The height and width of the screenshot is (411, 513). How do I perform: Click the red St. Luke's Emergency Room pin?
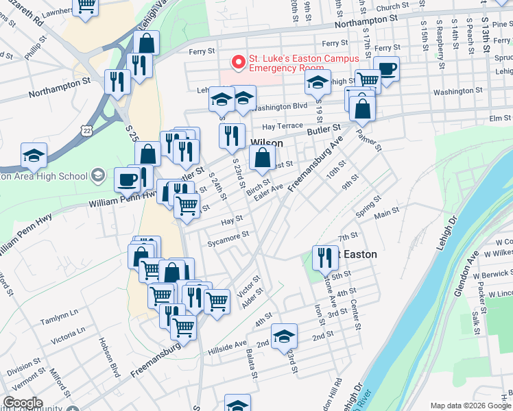[239, 62]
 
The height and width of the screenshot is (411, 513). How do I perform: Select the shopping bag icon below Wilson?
[263, 158]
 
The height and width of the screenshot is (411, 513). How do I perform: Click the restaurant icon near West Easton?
[324, 257]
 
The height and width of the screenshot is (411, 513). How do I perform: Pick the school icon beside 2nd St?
[284, 336]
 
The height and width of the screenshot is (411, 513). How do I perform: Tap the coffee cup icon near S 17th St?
[386, 69]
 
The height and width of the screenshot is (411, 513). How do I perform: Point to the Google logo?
[23, 403]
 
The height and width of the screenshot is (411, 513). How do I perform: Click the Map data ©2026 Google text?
[470, 405]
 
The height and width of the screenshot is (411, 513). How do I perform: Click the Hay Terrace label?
[282, 126]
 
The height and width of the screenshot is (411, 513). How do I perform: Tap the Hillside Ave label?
[231, 344]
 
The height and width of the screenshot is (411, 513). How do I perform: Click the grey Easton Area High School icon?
[98, 176]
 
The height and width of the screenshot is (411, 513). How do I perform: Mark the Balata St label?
[252, 365]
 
